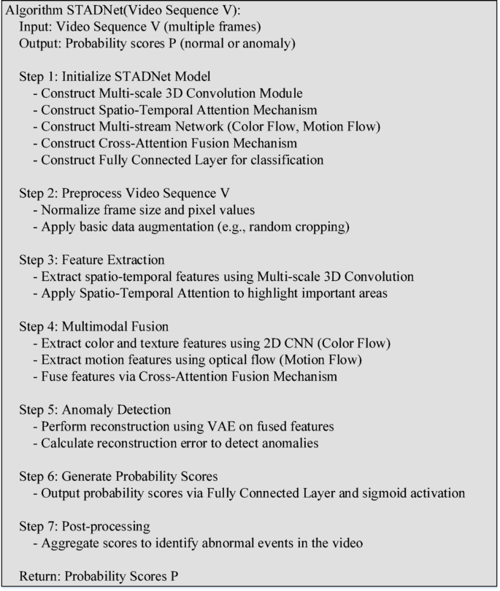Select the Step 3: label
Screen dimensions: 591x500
(39, 260)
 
